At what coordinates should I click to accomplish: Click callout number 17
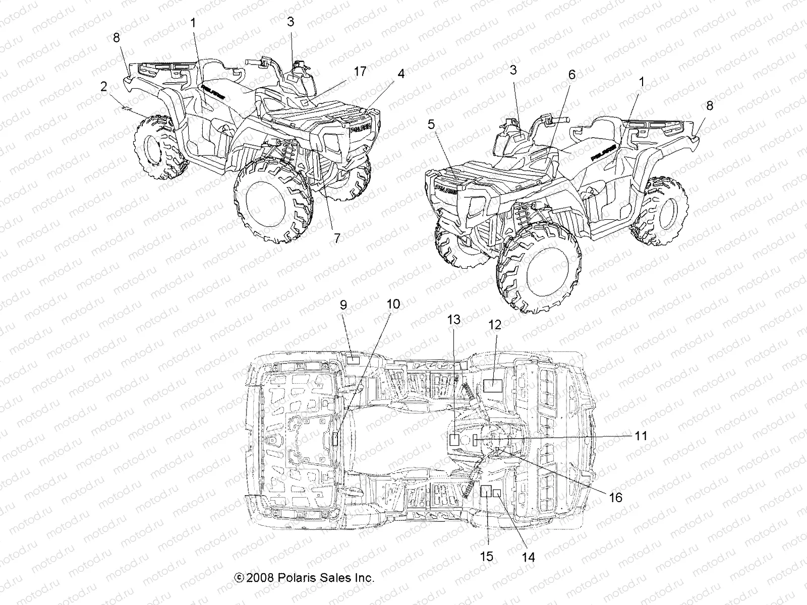coord(360,72)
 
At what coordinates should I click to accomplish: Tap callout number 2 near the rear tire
coord(104,87)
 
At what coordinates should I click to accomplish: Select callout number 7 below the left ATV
coord(336,238)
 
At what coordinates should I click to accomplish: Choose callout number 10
coord(393,304)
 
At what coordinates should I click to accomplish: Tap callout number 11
coord(641,436)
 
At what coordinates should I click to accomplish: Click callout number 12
coord(495,325)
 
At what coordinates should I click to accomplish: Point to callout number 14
coord(529,557)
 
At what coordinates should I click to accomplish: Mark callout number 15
coord(487,556)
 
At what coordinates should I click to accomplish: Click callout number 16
coord(616,497)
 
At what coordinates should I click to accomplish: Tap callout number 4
coord(400,74)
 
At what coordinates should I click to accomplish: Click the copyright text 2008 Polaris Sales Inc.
coord(304,578)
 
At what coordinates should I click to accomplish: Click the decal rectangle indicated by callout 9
coord(352,360)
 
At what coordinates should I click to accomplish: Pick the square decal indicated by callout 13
coord(454,439)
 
